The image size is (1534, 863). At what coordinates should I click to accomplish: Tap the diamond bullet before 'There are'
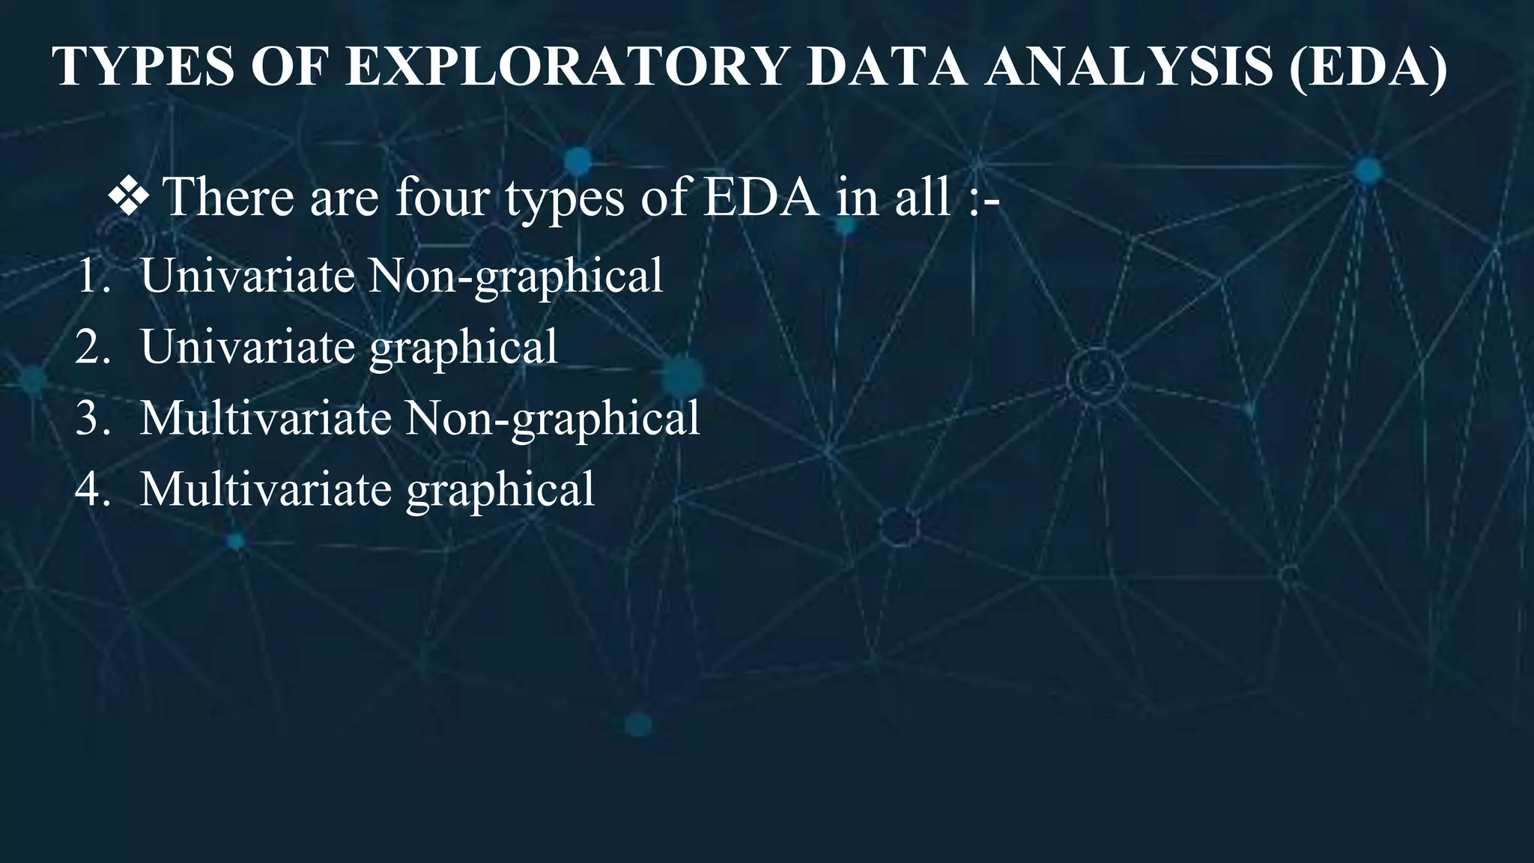(128, 197)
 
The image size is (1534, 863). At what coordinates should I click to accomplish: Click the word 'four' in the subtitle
(442, 197)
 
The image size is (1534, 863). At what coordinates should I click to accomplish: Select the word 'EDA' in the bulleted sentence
(760, 197)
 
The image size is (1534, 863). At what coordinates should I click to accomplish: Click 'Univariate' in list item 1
(247, 276)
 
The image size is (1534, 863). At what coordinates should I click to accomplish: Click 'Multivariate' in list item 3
(266, 418)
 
